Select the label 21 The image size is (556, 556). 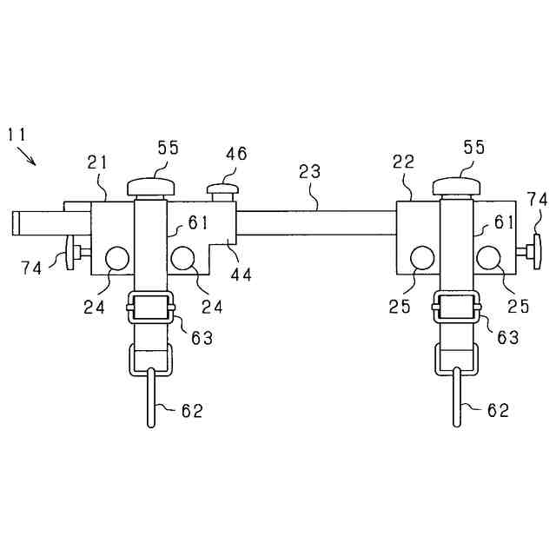(97, 162)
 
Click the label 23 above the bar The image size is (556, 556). (310, 173)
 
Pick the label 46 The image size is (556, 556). (235, 154)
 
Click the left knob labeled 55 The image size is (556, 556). (152, 184)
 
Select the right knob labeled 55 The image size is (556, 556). (457, 184)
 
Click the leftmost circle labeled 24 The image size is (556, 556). (116, 258)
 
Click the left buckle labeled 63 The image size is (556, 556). (151, 308)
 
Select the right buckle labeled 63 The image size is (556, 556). (457, 308)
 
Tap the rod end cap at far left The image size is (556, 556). (17, 222)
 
